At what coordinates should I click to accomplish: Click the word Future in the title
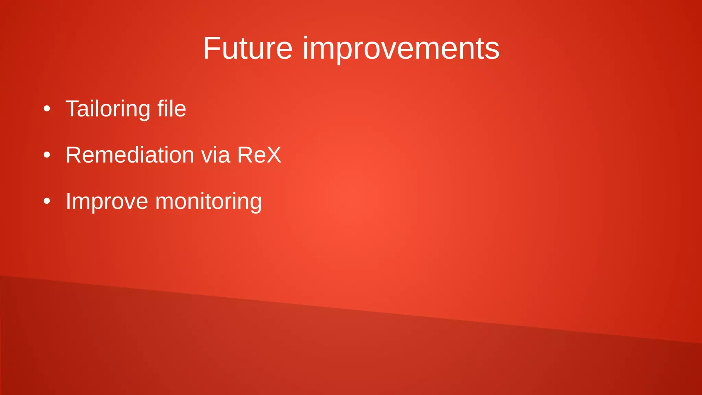click(x=247, y=48)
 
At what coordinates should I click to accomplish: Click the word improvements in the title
click(x=401, y=48)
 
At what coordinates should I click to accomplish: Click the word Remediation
click(x=130, y=155)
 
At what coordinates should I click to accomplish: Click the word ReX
click(x=259, y=155)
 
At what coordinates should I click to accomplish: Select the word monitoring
click(x=208, y=202)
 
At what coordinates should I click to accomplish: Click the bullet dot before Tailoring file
click(x=47, y=109)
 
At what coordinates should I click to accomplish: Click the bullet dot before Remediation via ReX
click(x=47, y=155)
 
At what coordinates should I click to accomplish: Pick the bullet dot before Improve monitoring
click(x=47, y=201)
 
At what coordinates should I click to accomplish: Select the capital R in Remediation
click(x=74, y=155)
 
